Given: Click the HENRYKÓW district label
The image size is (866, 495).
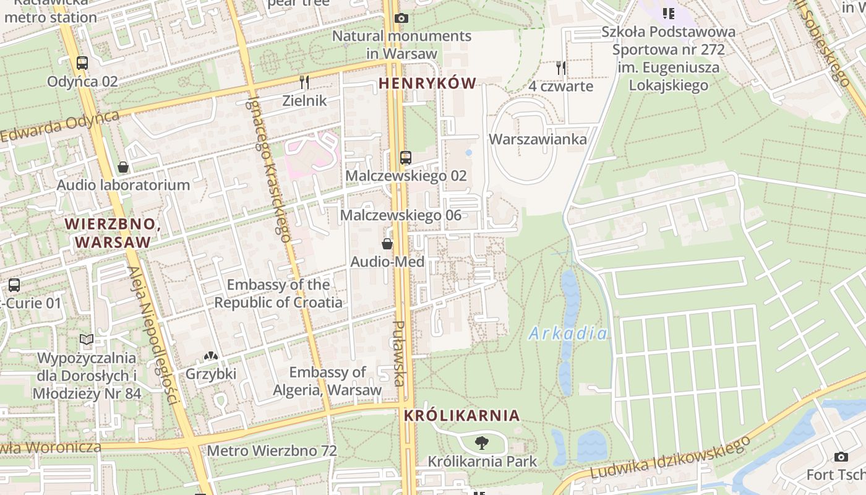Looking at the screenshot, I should click(x=427, y=84).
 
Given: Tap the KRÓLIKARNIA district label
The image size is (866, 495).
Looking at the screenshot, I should click(x=461, y=416).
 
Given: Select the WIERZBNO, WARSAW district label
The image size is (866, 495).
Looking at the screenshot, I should click(x=113, y=233).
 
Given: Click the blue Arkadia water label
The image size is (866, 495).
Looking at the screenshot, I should click(x=568, y=334).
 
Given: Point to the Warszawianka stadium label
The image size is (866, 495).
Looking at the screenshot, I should click(x=538, y=139).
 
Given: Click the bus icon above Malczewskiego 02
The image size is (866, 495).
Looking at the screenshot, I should click(x=406, y=158).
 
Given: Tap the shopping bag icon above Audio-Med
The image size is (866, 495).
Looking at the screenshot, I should click(x=387, y=244).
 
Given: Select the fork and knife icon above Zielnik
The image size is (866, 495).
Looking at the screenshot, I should click(x=304, y=82).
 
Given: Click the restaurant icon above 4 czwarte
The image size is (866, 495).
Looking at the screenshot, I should click(x=561, y=68).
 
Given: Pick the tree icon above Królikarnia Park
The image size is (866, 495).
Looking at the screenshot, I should click(x=482, y=443).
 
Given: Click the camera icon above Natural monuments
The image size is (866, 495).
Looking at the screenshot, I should click(x=401, y=19).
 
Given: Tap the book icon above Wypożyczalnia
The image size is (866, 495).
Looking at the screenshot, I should click(x=87, y=340).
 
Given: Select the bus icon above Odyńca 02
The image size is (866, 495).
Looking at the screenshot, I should click(x=82, y=63).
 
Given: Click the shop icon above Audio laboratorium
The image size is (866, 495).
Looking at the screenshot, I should click(x=123, y=167).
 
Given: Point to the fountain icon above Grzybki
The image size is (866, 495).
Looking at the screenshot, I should click(x=211, y=356).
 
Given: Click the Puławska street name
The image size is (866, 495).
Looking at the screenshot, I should click(x=400, y=353).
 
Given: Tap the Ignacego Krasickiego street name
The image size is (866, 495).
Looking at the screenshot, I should click(x=270, y=167).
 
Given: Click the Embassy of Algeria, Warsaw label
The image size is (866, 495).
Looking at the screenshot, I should click(x=328, y=381).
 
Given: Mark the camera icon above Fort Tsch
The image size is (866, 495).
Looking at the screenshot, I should click(x=841, y=457).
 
